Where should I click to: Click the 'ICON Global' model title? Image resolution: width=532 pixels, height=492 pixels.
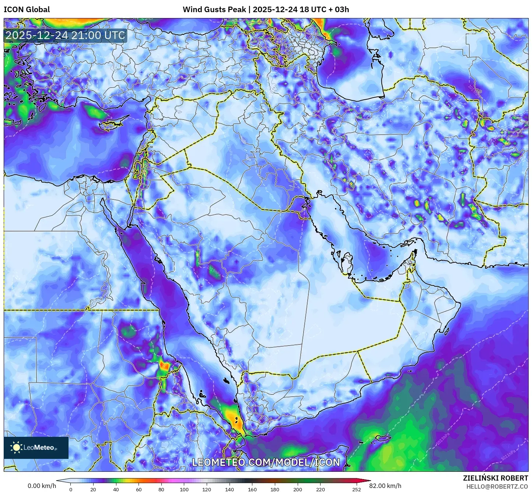tap(27, 10)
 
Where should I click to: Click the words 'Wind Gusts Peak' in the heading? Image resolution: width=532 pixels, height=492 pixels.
tap(214, 10)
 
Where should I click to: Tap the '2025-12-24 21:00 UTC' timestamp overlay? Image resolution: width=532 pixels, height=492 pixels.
tap(65, 35)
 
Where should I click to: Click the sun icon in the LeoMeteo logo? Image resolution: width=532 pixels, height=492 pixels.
tap(17, 447)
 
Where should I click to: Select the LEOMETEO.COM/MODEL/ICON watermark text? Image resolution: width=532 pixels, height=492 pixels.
tap(266, 462)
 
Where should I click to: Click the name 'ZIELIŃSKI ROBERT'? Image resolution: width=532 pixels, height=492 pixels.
tap(495, 478)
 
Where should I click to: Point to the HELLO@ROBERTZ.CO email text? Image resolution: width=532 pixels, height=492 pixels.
tap(497, 486)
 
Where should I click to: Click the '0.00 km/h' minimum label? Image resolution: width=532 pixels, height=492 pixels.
tap(42, 486)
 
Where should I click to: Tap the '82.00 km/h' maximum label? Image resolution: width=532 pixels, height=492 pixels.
tap(385, 486)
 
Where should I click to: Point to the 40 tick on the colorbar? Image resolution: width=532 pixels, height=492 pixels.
tap(116, 489)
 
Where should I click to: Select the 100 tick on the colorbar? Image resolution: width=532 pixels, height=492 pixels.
tap(184, 489)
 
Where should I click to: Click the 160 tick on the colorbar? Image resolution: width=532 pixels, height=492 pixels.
tap(252, 489)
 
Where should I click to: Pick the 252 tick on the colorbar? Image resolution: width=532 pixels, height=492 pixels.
tap(356, 489)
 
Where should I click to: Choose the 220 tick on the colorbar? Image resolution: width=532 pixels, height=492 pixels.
tap(321, 489)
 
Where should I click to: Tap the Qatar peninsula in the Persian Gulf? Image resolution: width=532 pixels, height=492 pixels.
tap(347, 262)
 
